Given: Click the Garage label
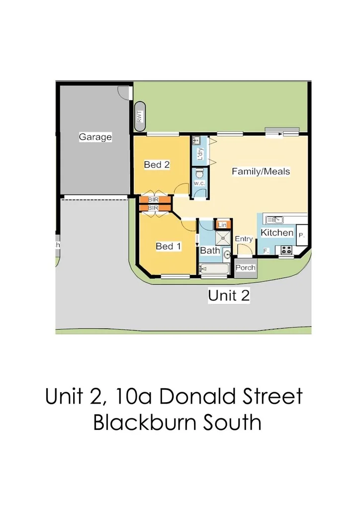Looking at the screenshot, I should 95,137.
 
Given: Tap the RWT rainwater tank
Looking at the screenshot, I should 139,116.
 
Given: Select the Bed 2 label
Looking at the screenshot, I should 157,165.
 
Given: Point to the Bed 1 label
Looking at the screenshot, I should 169,246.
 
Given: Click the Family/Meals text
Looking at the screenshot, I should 261,171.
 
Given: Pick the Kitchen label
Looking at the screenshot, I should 277,233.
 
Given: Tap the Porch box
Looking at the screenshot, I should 245,268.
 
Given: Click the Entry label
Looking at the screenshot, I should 244,239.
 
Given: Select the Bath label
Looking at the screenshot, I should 210,251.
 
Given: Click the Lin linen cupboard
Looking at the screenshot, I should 223,225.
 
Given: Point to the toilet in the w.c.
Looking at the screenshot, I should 199,173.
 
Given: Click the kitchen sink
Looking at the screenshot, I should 275,219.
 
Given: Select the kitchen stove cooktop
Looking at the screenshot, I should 286,250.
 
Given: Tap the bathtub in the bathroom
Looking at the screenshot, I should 214,269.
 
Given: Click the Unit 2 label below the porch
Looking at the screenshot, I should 229,296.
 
